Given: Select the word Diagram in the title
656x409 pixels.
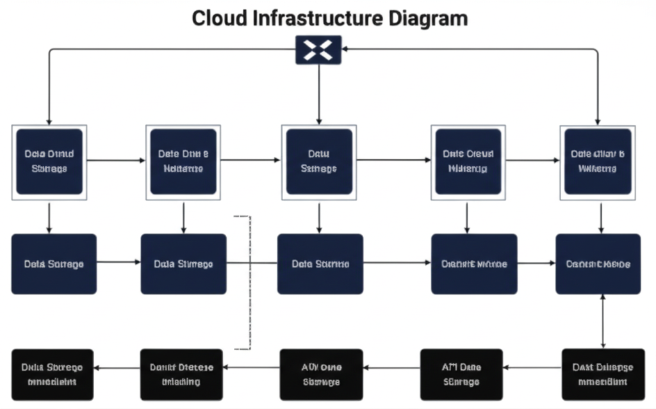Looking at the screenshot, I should pos(429,17).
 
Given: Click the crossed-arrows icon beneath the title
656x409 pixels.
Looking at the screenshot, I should pos(318,50).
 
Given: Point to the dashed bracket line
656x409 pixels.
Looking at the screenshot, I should pos(249,282).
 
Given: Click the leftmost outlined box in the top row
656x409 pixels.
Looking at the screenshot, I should pos(49,162).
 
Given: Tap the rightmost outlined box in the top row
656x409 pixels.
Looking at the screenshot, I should pos(597,161).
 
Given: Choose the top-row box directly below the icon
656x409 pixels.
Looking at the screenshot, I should pos(318,161).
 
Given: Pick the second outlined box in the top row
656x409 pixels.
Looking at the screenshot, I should pos(183,161).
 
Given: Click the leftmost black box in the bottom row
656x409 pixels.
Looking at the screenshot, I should pos(52,374).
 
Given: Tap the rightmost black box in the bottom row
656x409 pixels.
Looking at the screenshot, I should pos(603,374).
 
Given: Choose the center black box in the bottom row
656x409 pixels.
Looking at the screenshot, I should pos(322,374).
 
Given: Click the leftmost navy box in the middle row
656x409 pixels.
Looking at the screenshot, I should pos(54,264).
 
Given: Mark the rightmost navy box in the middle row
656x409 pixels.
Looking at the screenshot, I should pos(598,264).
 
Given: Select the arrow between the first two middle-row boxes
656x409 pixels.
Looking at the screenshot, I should pos(119,262).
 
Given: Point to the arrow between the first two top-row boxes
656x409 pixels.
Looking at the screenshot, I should pos(116,160).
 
